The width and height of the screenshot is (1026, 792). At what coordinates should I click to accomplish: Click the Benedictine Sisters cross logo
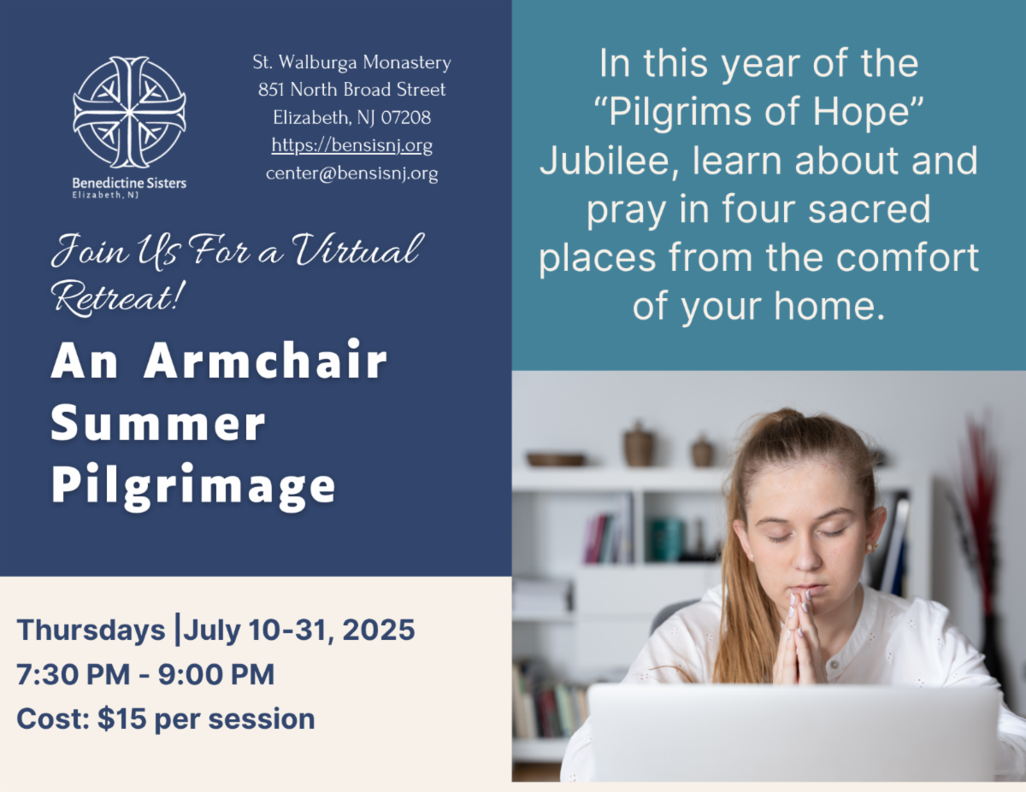coord(129,112)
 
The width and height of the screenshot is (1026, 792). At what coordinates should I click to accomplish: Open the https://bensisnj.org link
coord(351,145)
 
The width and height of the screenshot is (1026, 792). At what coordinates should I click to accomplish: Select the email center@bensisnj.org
coord(351,173)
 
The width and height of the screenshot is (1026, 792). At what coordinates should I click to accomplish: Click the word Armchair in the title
coord(266,360)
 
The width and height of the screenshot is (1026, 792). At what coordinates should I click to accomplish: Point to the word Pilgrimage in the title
coord(193,487)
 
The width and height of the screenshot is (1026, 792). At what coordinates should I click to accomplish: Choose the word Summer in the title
coord(158,423)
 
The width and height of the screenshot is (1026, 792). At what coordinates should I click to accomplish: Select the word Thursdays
coord(91,630)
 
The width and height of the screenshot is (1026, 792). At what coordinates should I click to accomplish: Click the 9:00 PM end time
coord(215,674)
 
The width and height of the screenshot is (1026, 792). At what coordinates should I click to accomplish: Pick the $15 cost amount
coord(121,719)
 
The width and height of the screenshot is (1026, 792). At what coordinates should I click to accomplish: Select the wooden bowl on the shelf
coord(557,459)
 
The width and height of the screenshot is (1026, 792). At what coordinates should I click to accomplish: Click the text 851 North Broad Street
coord(351,90)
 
